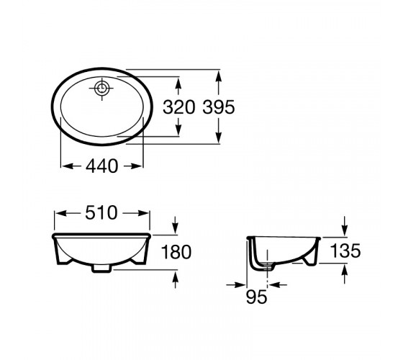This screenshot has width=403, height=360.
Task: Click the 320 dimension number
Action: pyautogui.click(x=179, y=107)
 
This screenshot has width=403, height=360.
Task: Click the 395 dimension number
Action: pyautogui.click(x=219, y=107)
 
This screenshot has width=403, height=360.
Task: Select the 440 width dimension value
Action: pyautogui.click(x=101, y=166)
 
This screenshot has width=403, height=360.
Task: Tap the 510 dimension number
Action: pyautogui.click(x=101, y=213)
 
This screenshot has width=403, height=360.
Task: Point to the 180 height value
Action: pyautogui.click(x=176, y=252)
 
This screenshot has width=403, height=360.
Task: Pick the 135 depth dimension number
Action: pyautogui.click(x=345, y=251)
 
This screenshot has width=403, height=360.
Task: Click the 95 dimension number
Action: pyautogui.click(x=257, y=297)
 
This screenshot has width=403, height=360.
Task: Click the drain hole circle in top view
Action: pyautogui.click(x=101, y=88)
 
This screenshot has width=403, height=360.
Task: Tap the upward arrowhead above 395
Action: pyautogui.click(x=219, y=76)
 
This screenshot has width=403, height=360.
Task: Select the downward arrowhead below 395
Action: pyautogui.click(x=219, y=137)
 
